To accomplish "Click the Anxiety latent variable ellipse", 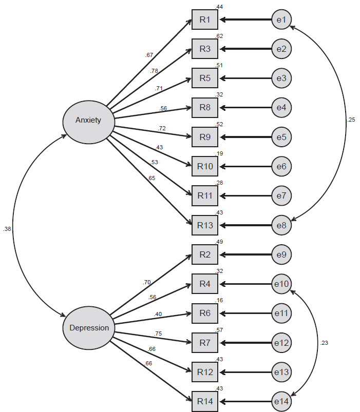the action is tap(89, 122).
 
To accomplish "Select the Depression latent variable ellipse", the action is tap(89, 328).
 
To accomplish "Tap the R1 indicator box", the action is tap(205, 19).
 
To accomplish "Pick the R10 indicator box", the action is tap(205, 166).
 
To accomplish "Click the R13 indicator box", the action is tap(205, 225).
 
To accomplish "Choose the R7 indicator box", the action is tap(205, 343).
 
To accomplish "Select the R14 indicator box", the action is tap(205, 401).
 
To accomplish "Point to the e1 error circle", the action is tap(281, 19).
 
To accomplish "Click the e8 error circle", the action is tap(281, 225).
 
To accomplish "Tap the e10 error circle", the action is tap(281, 284).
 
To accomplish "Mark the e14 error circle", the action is tap(281, 401).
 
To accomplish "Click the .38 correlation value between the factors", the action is tap(7, 229).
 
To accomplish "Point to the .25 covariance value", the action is tap(351, 120).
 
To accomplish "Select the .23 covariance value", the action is tap(324, 343).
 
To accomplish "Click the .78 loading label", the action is tap(154, 71).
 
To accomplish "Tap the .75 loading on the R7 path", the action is tap(158, 333).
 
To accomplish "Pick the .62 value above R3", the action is tap(219, 36).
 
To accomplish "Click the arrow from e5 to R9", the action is tap(246, 137).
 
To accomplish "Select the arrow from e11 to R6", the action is tap(246, 313).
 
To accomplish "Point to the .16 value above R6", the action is tap(219, 300).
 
